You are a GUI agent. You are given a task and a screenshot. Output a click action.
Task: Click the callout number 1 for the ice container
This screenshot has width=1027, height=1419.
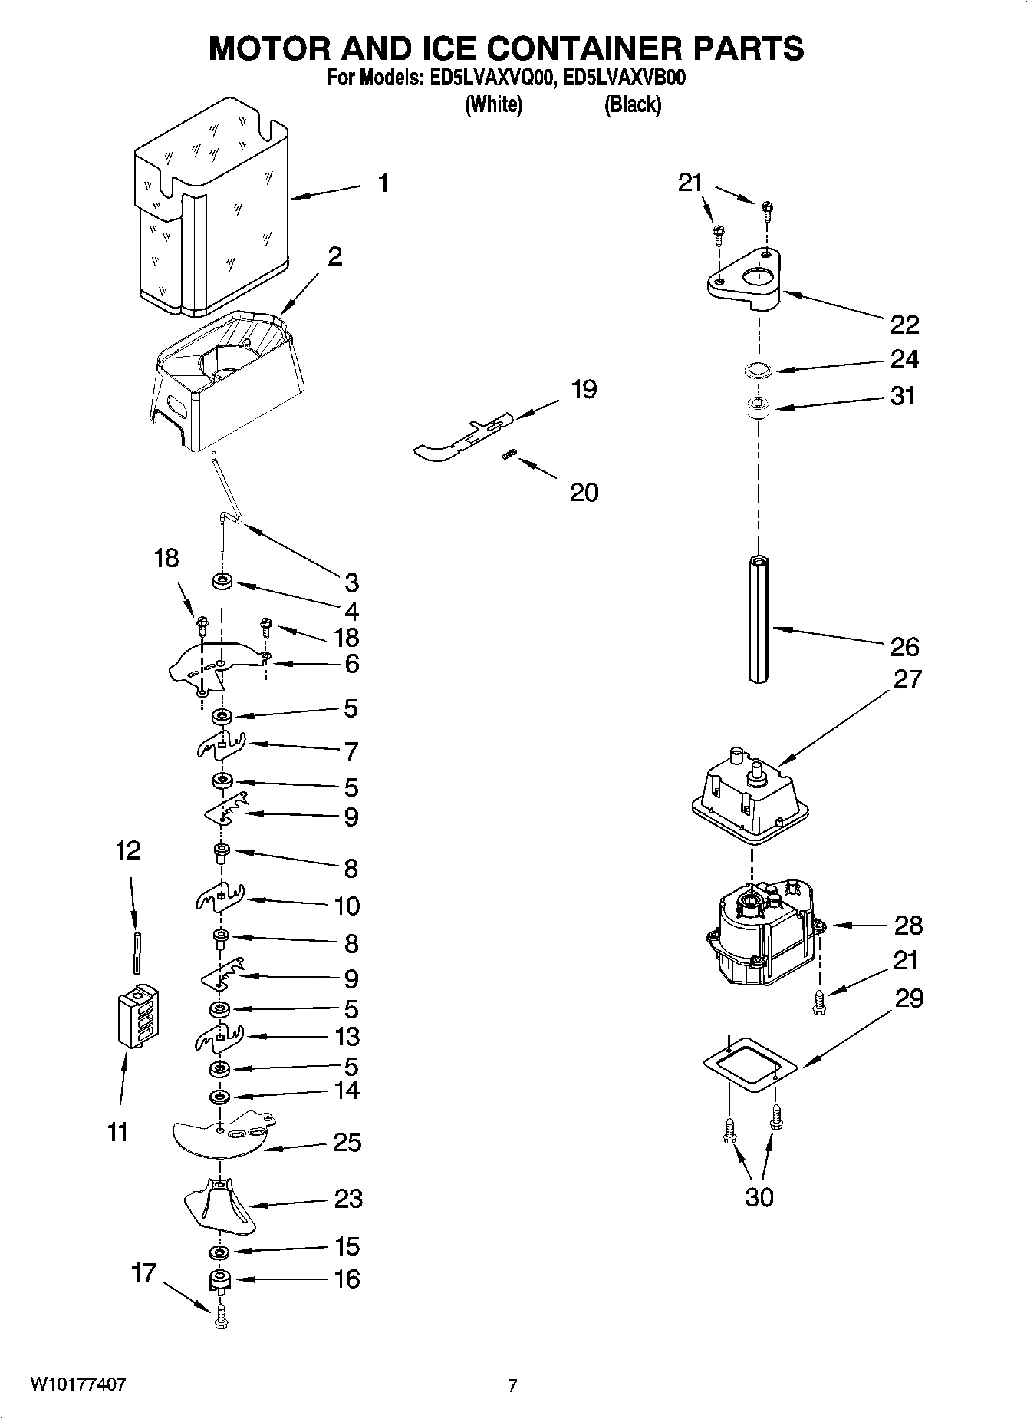click(383, 183)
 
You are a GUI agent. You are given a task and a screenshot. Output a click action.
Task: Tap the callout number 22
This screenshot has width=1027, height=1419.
click(904, 325)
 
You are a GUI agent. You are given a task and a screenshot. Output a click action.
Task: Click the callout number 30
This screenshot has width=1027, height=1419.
click(759, 1196)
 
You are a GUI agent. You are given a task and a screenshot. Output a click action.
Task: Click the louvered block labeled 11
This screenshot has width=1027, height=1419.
click(139, 1015)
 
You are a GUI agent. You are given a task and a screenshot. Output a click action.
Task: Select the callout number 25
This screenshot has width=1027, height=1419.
click(347, 1143)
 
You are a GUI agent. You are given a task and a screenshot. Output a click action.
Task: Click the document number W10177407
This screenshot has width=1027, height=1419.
click(78, 1384)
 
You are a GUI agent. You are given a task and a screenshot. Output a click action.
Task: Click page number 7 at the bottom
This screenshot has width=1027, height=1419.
click(512, 1385)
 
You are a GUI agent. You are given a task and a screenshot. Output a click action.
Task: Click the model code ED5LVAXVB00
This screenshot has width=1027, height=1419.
click(624, 78)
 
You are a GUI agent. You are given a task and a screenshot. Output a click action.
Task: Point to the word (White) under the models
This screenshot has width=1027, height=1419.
click(493, 104)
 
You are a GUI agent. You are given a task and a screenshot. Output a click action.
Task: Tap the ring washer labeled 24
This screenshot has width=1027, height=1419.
click(759, 370)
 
